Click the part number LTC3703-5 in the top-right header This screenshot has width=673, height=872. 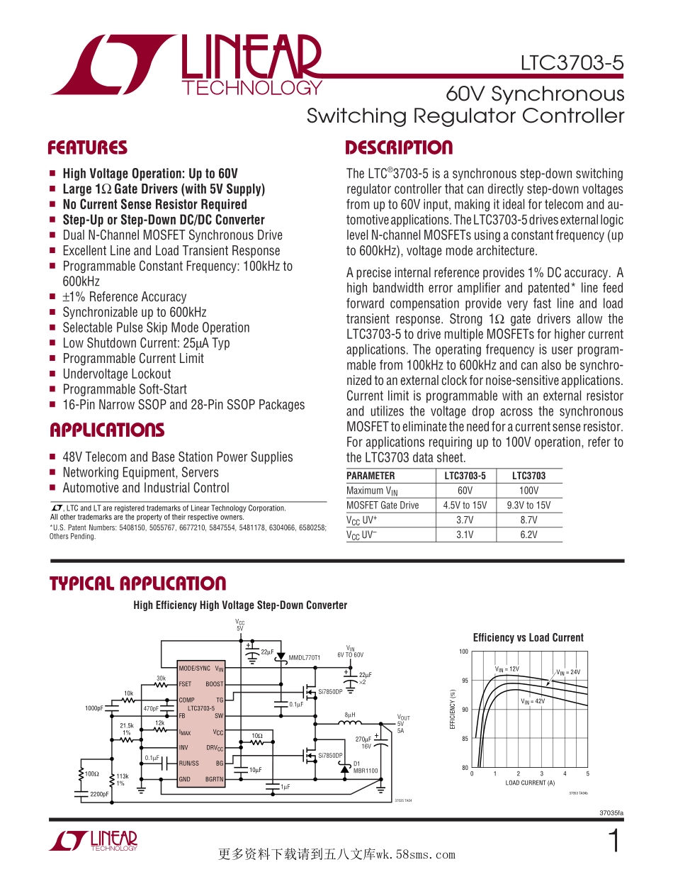(572, 63)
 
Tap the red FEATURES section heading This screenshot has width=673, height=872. (87, 148)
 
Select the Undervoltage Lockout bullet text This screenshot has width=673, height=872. (116, 374)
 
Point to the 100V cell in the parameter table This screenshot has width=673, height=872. (528, 491)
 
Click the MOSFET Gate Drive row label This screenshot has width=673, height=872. (383, 505)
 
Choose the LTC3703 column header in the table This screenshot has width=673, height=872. (528, 476)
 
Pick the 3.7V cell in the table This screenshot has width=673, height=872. (465, 520)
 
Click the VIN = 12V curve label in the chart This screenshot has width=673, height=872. (507, 669)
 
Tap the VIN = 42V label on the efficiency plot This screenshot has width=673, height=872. (533, 701)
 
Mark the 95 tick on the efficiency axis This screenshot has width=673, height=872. (464, 681)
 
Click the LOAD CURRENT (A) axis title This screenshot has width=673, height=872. (530, 783)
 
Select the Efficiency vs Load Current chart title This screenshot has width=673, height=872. (528, 637)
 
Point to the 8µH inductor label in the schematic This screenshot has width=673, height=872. (349, 715)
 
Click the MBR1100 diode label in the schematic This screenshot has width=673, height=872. (366, 771)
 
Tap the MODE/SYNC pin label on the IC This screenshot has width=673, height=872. (194, 669)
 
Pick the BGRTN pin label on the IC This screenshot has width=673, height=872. (214, 779)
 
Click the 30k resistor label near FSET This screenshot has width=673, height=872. (161, 678)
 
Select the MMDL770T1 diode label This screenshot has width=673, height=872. (305, 658)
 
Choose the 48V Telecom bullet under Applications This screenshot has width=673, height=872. (177, 457)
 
